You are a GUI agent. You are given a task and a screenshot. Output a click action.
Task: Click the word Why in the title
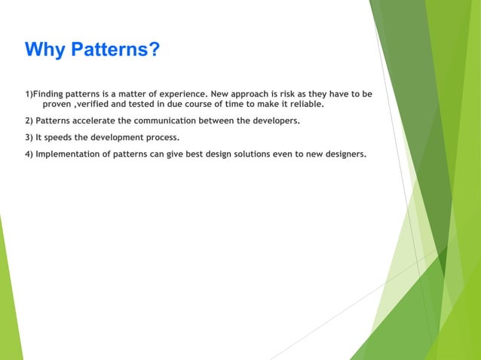(44, 50)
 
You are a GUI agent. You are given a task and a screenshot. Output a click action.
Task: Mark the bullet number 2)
(29, 121)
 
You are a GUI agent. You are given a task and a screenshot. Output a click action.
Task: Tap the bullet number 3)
(29, 138)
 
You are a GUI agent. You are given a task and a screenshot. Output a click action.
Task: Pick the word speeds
(60, 138)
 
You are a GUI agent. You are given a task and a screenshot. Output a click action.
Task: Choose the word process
(160, 138)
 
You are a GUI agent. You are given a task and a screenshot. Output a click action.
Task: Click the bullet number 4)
(29, 154)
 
